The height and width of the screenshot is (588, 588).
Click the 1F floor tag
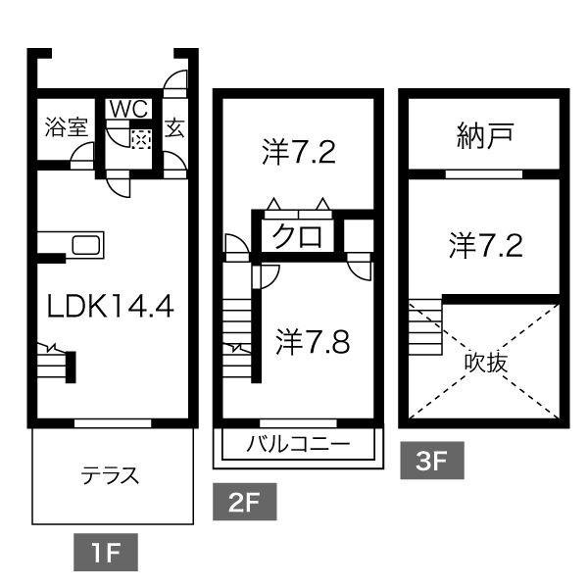(x=105, y=554)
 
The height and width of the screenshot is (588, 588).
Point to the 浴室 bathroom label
(x=66, y=127)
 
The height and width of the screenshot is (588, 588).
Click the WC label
(x=127, y=109)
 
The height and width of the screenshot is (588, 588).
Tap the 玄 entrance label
(x=175, y=127)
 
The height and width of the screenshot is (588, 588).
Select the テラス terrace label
(x=109, y=477)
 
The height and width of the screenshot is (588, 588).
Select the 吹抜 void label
(x=486, y=362)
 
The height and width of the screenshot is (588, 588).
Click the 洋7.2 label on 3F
(x=486, y=244)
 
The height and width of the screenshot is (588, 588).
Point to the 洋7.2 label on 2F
(x=299, y=152)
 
